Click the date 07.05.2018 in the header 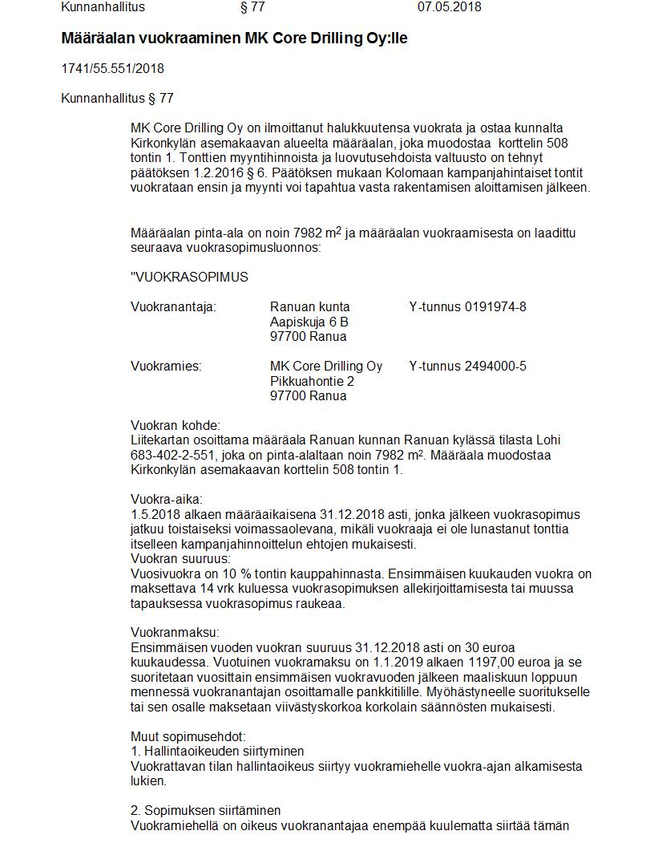[449, 7]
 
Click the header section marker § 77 [252, 7]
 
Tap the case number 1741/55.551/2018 [112, 69]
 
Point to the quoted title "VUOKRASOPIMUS [189, 278]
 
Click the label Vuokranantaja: [173, 307]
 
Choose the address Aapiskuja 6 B [309, 322]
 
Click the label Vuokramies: [166, 367]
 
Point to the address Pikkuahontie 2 [312, 381]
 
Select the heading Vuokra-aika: [167, 500]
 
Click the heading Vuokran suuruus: [180, 559]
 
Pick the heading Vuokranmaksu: [175, 633]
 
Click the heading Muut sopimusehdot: [188, 736]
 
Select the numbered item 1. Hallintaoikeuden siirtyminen [217, 752]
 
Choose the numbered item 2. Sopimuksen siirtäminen [205, 811]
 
